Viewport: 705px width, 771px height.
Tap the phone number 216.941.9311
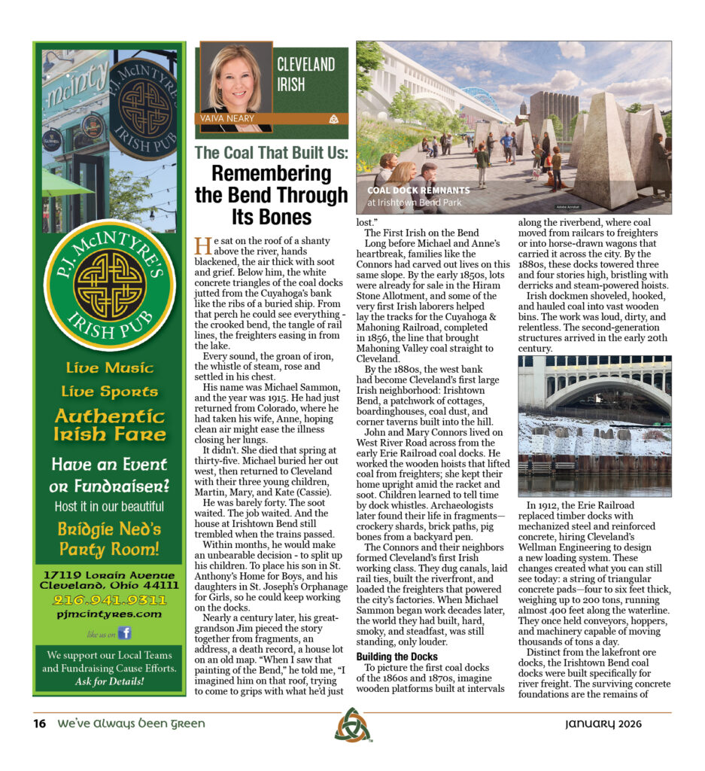109,600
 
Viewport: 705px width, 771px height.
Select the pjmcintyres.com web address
109,614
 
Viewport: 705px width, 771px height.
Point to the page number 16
40,724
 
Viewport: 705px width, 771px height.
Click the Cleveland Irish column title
305,74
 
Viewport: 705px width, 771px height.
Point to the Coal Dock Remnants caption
418,190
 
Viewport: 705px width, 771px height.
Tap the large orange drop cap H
202,246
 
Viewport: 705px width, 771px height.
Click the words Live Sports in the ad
110,392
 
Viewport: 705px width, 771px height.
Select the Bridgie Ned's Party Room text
110,538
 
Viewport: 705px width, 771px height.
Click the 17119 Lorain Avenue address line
110,574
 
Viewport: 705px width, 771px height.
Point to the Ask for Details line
110,682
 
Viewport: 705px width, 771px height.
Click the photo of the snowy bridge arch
594,425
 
